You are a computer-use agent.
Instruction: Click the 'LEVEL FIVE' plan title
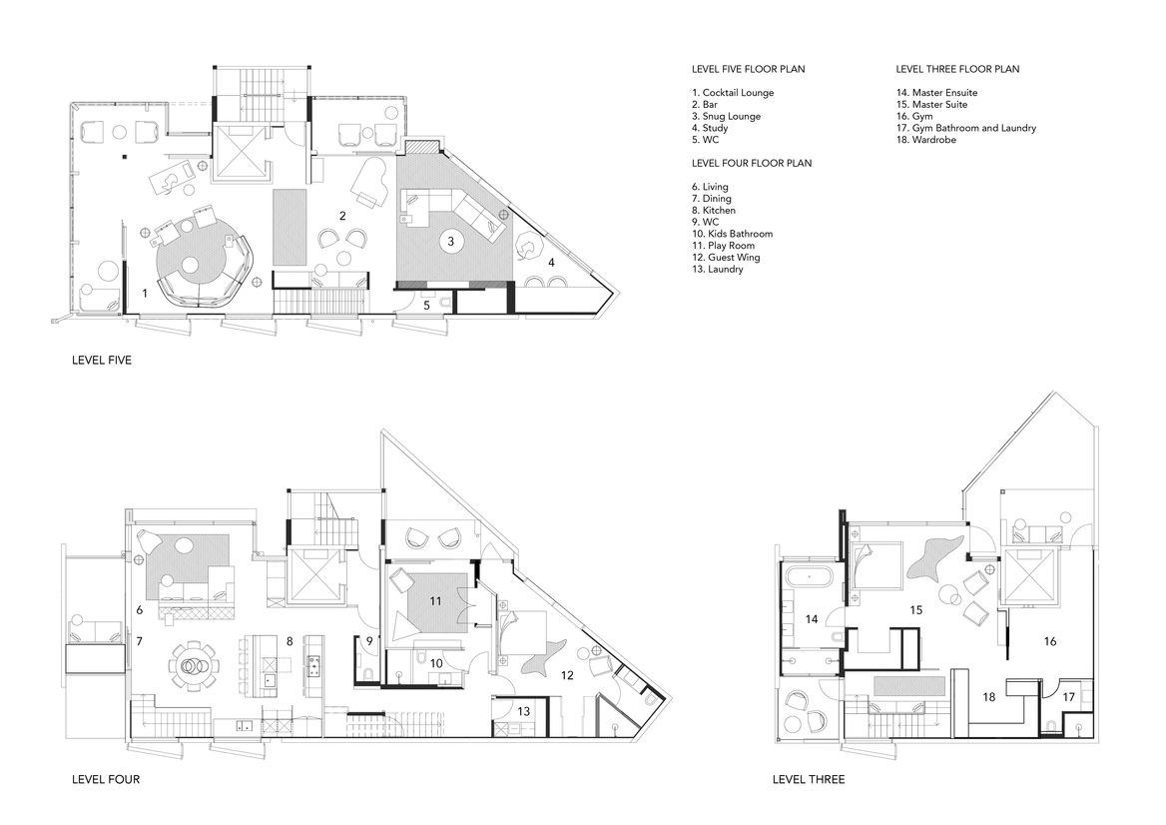click(101, 360)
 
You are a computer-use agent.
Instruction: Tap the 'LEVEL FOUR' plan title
click(106, 780)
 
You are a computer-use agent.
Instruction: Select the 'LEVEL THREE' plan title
click(809, 780)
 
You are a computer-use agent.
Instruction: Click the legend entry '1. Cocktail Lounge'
click(733, 93)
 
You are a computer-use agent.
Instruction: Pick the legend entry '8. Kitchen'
click(713, 211)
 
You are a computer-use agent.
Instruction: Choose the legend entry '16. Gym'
click(913, 116)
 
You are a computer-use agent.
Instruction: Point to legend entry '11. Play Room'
click(723, 246)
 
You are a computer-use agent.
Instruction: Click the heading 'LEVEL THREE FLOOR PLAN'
click(957, 69)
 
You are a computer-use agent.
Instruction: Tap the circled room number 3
click(450, 241)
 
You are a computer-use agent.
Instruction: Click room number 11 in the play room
click(435, 600)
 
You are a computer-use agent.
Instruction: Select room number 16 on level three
click(1050, 641)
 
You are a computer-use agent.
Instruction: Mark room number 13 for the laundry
click(523, 711)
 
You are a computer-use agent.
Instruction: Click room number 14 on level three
click(812, 619)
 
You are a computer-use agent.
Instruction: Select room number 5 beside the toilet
click(427, 305)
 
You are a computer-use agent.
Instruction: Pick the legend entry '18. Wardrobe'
click(925, 140)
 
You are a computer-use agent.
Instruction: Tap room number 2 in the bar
click(342, 216)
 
